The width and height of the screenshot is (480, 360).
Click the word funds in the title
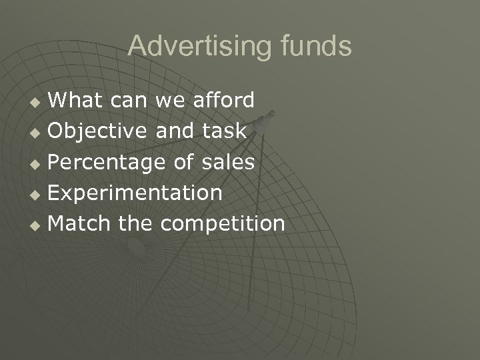tap(315, 46)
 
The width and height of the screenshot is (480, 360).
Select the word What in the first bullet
tap(77, 100)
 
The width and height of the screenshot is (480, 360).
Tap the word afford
tap(223, 100)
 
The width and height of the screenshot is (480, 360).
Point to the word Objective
tap(99, 131)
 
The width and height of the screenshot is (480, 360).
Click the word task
tap(224, 131)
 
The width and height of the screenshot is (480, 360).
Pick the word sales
tap(229, 161)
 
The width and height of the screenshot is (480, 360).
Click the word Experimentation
tap(135, 193)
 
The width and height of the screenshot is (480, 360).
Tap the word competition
tap(222, 223)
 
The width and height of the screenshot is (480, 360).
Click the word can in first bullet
tap(131, 101)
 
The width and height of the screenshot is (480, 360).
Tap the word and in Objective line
tap(175, 131)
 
